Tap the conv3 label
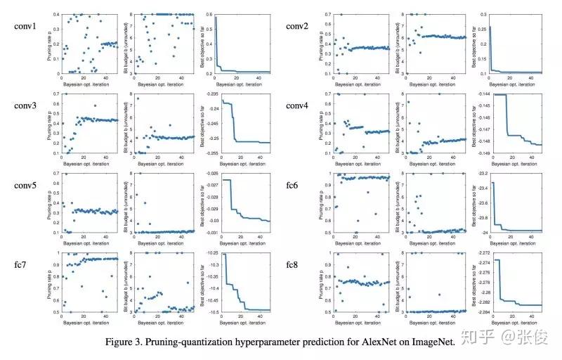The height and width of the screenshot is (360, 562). click(25, 106)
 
